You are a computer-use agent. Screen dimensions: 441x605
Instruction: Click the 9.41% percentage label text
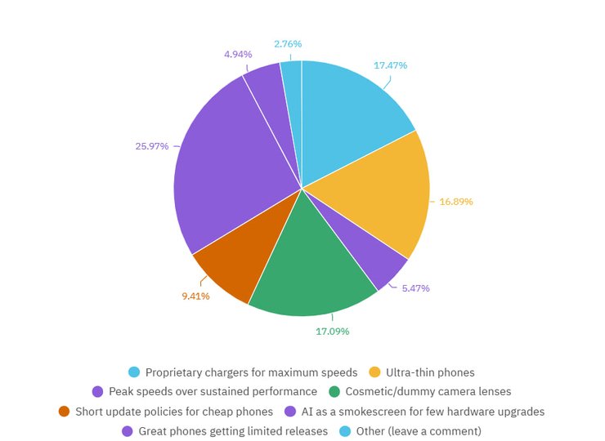click(x=195, y=296)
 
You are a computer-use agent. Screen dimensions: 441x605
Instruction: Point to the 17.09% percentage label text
click(x=332, y=332)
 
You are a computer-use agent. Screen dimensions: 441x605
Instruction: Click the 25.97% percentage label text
click(x=152, y=146)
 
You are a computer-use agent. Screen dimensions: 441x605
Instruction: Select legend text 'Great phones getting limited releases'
click(x=233, y=431)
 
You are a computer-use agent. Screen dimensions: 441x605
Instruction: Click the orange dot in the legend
click(x=64, y=412)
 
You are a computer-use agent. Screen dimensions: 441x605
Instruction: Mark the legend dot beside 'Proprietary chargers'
click(x=134, y=372)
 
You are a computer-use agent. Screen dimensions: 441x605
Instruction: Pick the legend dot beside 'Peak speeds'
click(x=97, y=392)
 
